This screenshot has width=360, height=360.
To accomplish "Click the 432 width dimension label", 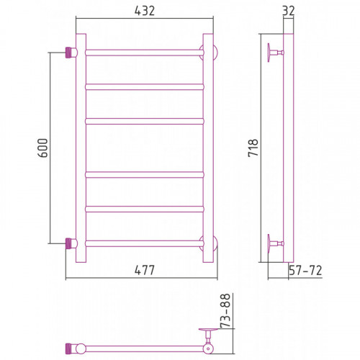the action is tap(145, 11).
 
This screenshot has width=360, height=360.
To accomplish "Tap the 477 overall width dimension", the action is tap(145, 270).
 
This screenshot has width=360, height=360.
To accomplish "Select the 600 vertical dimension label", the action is tap(43, 148).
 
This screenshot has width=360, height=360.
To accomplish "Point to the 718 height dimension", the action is tap(253, 148).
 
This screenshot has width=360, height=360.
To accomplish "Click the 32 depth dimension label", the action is tap(289, 11).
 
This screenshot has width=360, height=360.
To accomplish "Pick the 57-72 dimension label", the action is tap(305, 271).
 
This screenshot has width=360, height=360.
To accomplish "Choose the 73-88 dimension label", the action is tap(225, 310).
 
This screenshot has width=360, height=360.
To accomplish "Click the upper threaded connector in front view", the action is tap(69, 53).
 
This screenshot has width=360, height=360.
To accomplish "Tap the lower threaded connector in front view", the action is tap(69, 243).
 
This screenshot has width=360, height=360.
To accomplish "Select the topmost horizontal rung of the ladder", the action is tap(145, 53).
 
